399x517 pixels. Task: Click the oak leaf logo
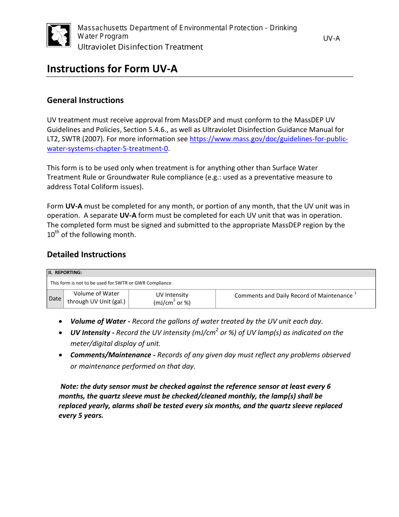point(58,35)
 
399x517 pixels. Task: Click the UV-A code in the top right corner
point(331,39)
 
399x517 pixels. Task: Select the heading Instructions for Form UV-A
point(112,69)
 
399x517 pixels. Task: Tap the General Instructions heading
point(85,100)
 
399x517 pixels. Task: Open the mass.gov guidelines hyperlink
point(269,139)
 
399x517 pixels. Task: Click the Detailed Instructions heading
point(86,254)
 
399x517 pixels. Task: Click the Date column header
point(55,299)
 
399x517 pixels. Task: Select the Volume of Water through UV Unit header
point(96,298)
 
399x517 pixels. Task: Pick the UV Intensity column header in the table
point(172,298)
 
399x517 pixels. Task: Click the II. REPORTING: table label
point(65,272)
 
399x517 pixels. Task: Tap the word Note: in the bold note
point(69,386)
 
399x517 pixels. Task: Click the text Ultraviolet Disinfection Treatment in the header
point(140,47)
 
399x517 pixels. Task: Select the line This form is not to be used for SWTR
point(110,283)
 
